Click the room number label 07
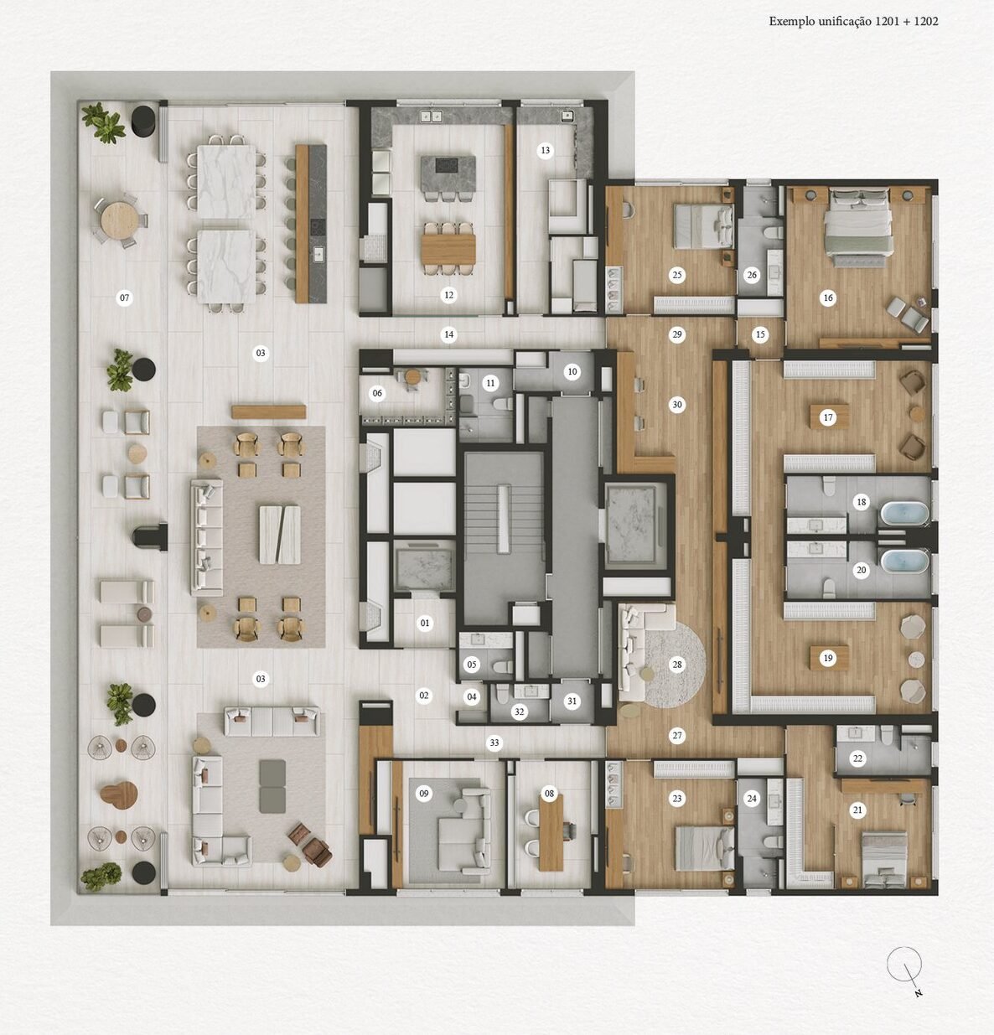124,298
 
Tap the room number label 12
449,295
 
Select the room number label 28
677,665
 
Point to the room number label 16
828,298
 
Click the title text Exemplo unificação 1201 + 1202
853,21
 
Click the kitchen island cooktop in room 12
446,165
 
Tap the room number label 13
545,151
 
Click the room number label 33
494,743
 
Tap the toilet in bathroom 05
501,666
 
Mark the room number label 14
449,334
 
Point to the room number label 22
857,758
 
